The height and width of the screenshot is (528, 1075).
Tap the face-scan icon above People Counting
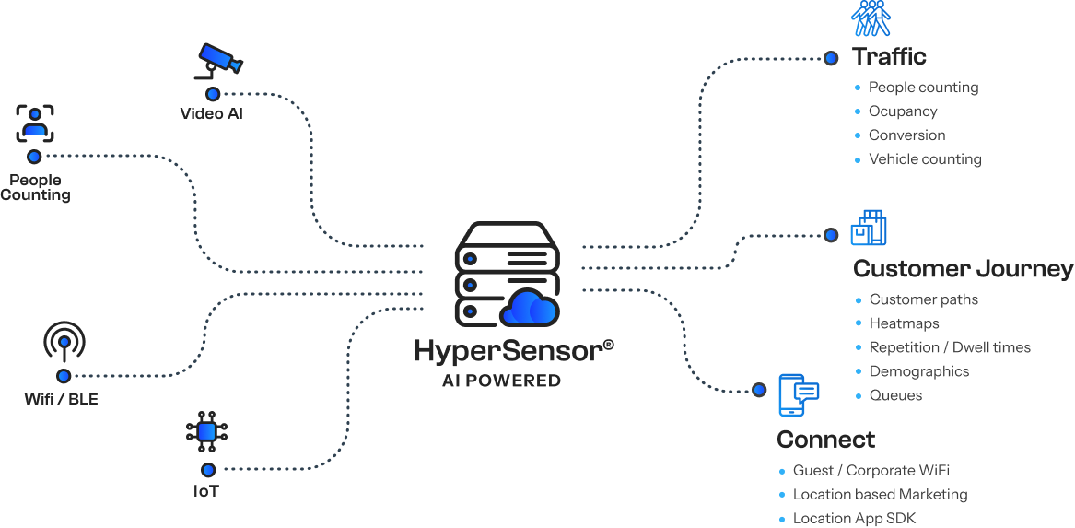tap(35, 123)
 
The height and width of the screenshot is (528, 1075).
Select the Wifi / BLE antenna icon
tap(64, 341)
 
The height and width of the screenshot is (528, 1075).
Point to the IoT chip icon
tap(207, 430)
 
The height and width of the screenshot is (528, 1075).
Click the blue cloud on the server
tap(529, 308)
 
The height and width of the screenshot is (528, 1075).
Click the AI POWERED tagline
tap(501, 381)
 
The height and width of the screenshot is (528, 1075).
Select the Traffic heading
tap(889, 56)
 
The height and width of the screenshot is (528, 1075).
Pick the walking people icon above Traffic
tap(871, 18)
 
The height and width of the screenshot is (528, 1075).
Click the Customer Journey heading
tap(963, 269)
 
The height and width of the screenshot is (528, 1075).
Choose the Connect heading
tap(825, 440)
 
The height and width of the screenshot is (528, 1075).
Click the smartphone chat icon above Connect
tap(797, 395)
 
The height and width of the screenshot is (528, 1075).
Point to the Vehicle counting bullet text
tap(925, 159)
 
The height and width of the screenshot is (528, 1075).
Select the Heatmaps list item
tap(905, 323)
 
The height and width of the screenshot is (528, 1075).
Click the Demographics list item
tap(919, 371)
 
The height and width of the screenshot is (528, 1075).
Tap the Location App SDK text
tap(854, 519)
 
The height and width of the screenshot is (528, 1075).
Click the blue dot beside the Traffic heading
tap(831, 58)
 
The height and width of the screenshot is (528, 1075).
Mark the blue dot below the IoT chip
tap(209, 470)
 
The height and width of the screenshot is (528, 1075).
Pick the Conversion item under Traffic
tap(906, 135)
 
